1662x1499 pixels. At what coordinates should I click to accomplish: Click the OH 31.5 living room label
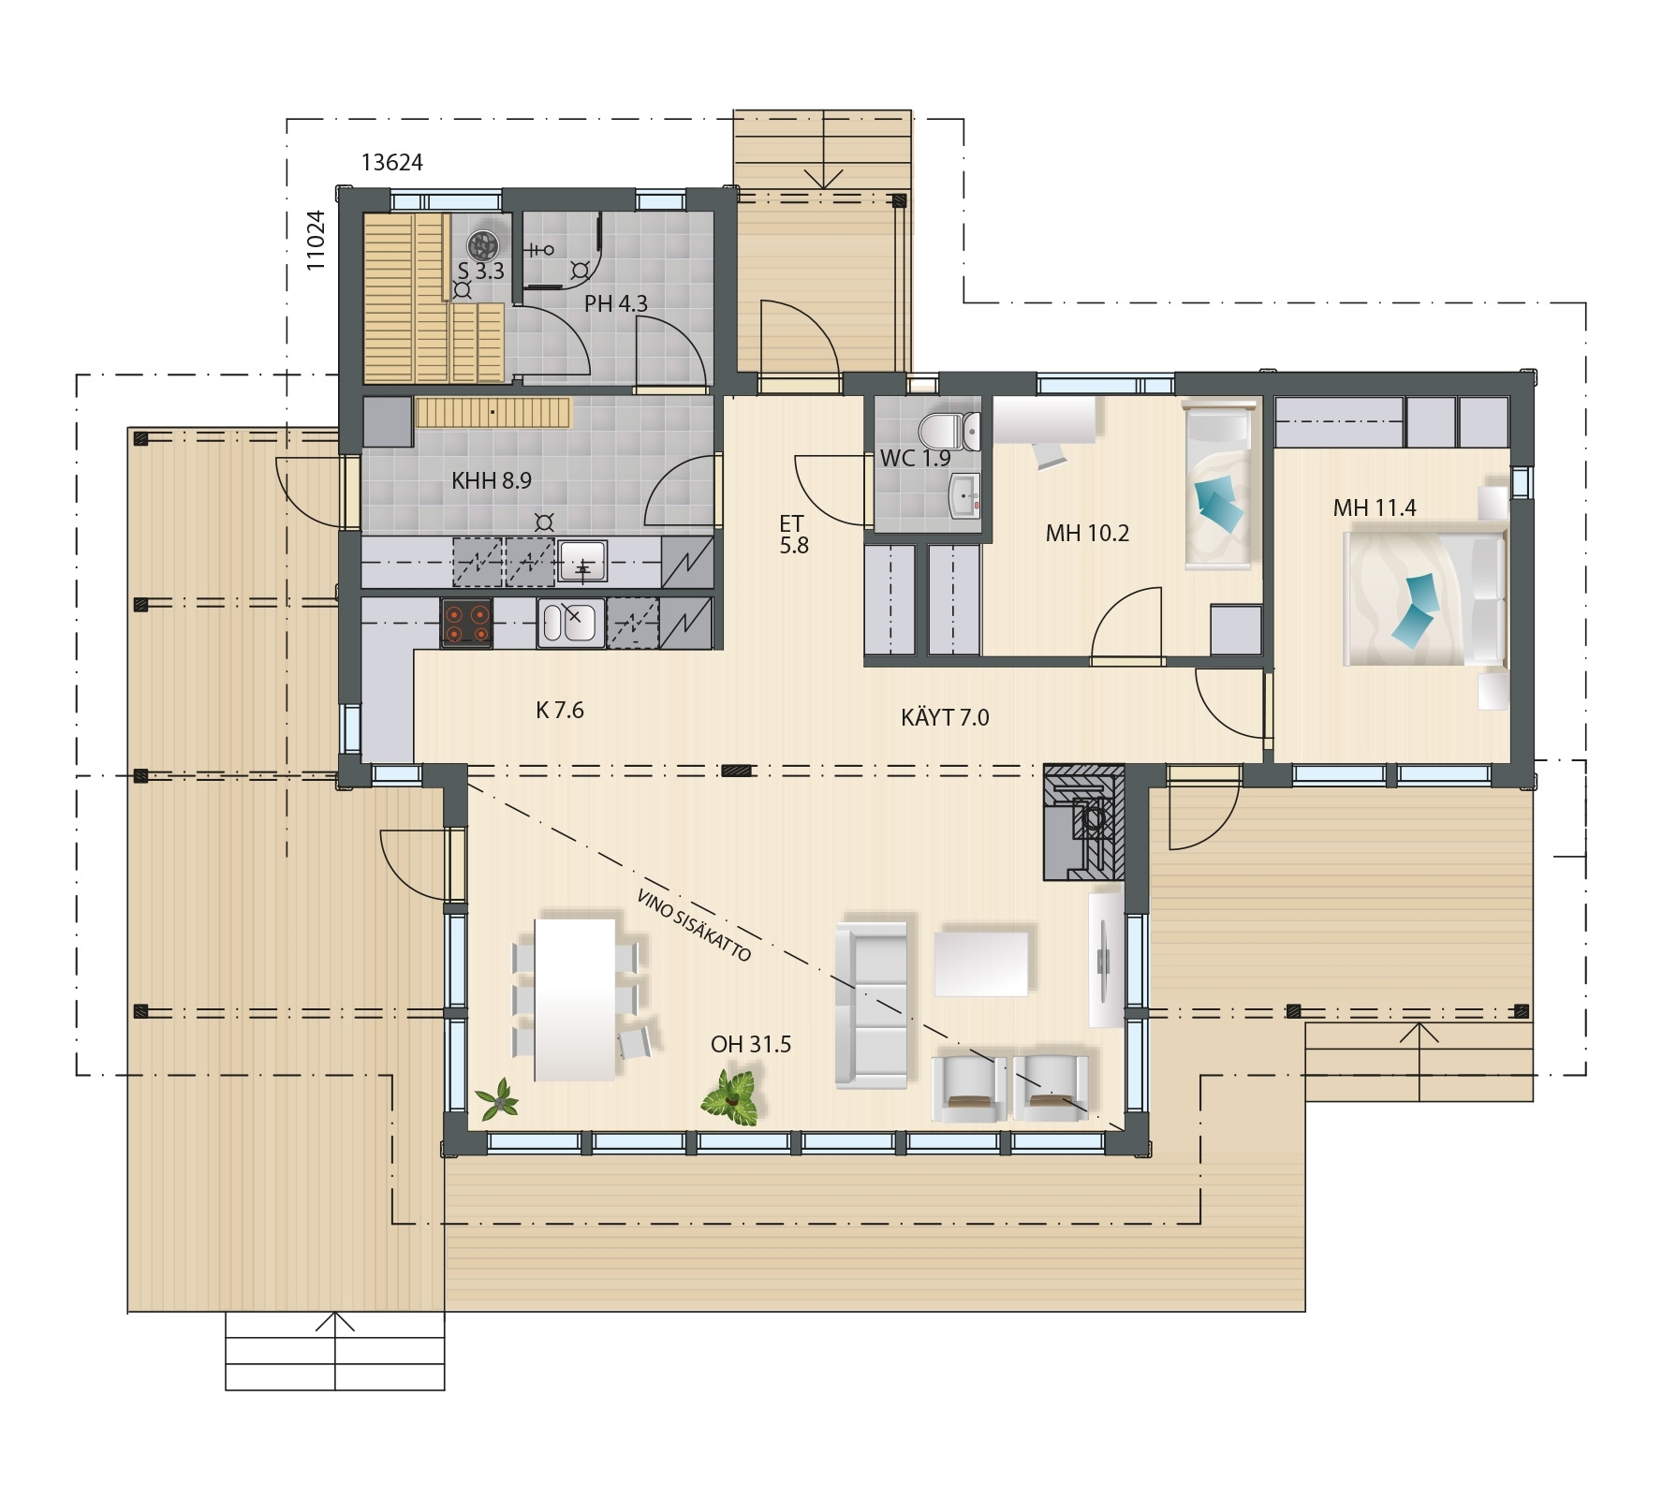coord(750,1044)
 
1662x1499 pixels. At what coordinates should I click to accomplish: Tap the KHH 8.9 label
coord(492,481)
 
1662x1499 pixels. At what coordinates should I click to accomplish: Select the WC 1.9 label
coord(915,459)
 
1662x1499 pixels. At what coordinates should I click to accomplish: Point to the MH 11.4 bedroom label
coord(1375,508)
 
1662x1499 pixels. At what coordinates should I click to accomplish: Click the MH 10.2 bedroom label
coord(1087,534)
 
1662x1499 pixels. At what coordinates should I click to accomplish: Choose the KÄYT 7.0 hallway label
coord(945,717)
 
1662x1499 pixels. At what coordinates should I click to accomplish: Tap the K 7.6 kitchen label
coord(560,711)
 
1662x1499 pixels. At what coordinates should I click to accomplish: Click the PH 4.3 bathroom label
coord(616,304)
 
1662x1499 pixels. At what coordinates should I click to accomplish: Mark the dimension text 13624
coord(392,163)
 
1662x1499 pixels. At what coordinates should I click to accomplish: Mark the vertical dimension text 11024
coord(316,241)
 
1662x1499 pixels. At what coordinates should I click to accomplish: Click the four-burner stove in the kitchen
coord(467,624)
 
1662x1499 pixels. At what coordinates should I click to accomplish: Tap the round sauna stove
coord(483,245)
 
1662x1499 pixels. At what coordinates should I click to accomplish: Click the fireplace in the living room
coord(1084,822)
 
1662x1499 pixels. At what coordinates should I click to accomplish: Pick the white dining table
coord(575,998)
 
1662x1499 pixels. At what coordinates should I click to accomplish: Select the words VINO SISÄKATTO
coord(694,925)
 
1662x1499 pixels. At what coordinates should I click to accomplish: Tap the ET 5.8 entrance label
coord(793,535)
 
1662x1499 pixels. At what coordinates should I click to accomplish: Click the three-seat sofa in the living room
coord(871,1005)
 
